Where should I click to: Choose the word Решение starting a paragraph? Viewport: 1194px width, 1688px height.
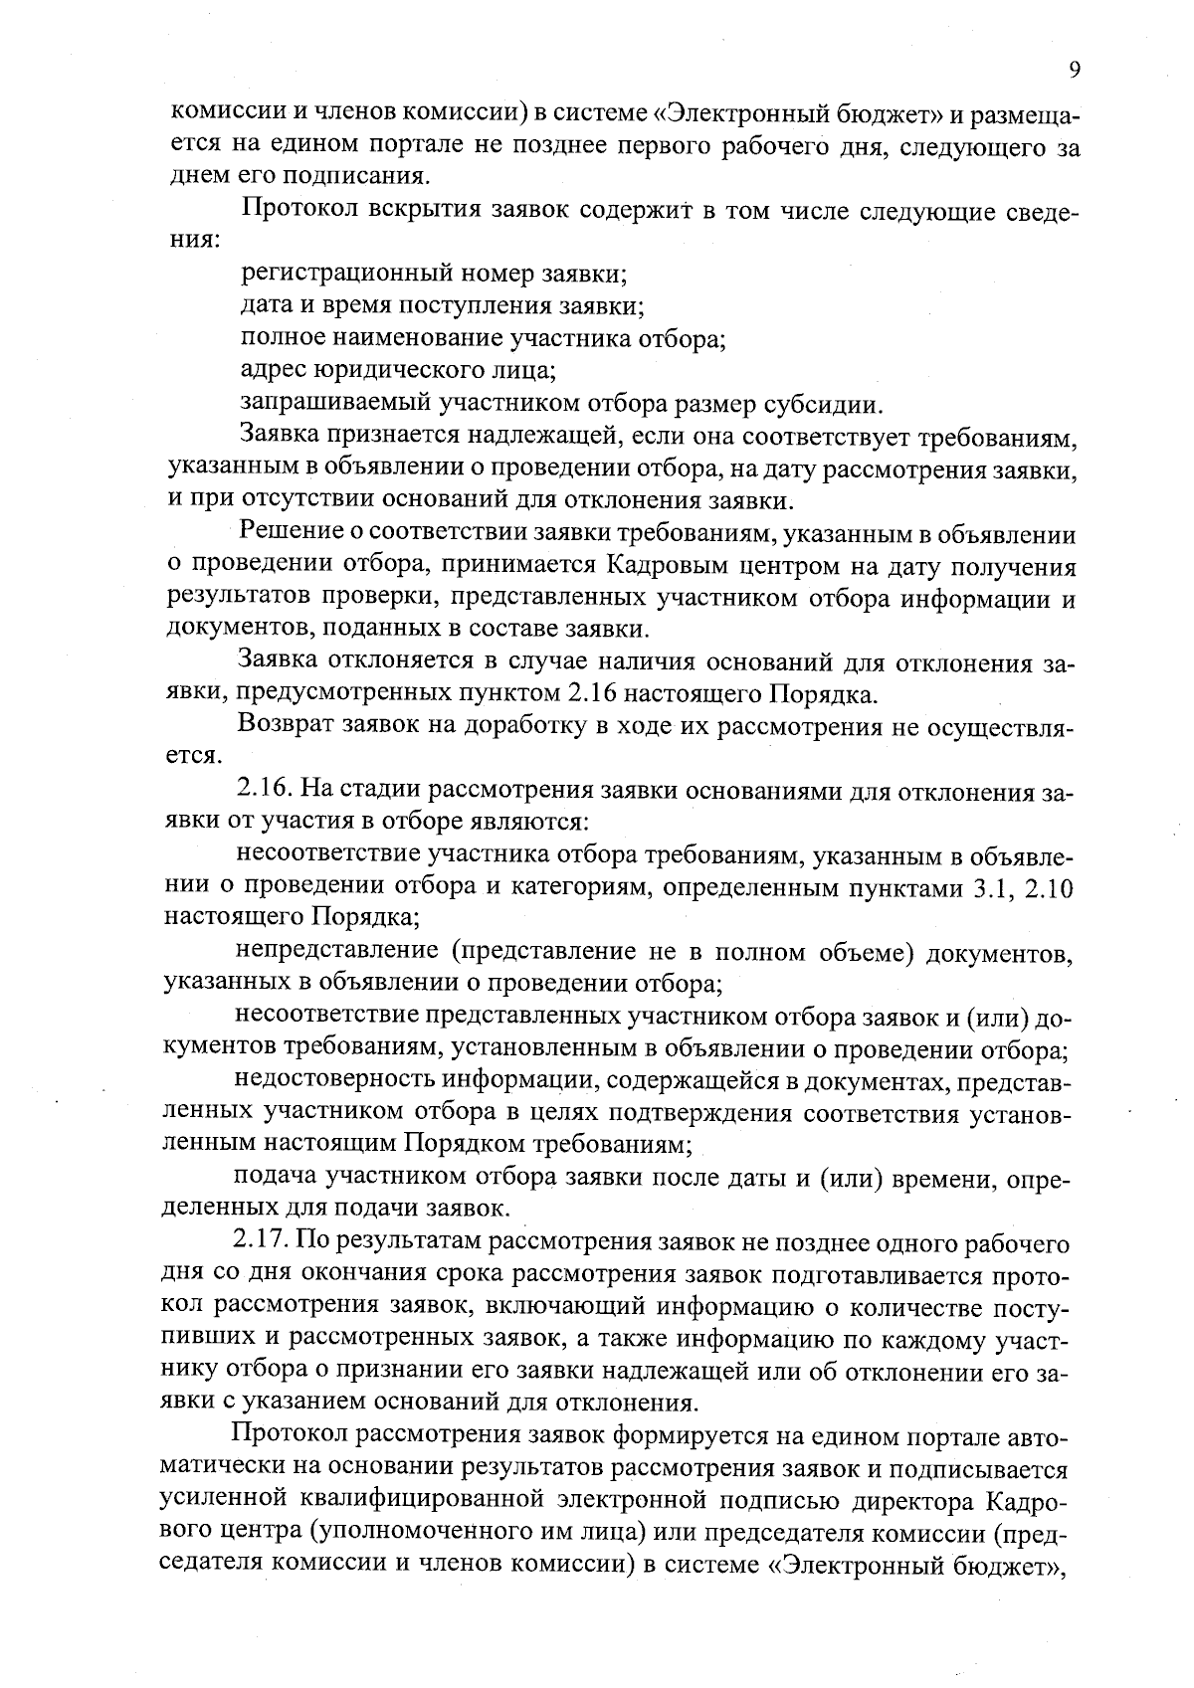pos(294,534)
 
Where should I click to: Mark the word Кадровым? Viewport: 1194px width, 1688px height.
pos(665,566)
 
